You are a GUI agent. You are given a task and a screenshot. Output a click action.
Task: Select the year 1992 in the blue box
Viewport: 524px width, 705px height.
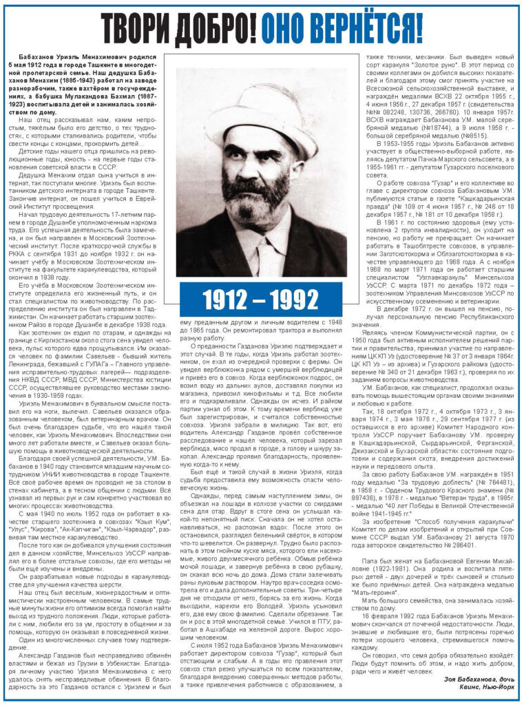[295, 300]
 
